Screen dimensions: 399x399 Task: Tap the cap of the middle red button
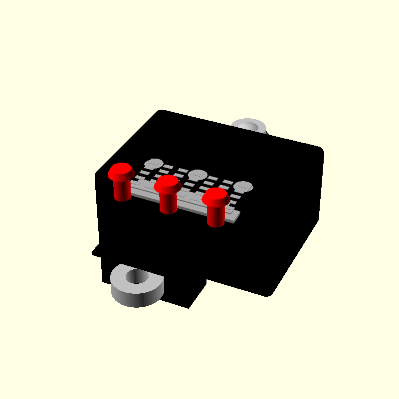coord(167,184)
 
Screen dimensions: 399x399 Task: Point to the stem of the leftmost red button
coord(122,191)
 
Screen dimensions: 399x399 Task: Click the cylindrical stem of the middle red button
coord(168,203)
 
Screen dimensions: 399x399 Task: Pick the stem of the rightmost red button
coord(215,216)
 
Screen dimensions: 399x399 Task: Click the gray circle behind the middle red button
coord(198,175)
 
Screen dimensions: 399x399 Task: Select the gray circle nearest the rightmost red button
coord(243,187)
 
